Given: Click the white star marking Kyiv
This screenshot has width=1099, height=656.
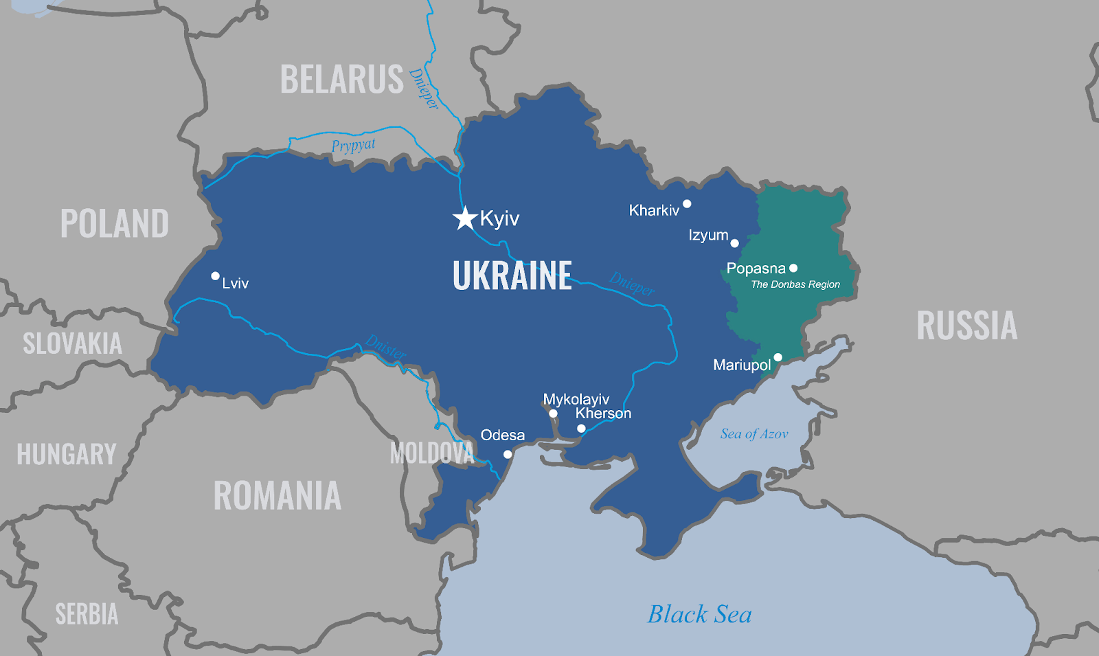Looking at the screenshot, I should pyautogui.click(x=465, y=218).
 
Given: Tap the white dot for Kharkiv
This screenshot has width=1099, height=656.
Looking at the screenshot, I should pyautogui.click(x=686, y=203).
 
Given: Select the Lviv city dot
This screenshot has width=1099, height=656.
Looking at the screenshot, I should pyautogui.click(x=215, y=275).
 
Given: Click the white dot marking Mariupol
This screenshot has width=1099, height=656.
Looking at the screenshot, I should pyautogui.click(x=778, y=357).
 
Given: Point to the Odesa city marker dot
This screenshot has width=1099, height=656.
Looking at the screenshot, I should pyautogui.click(x=507, y=454).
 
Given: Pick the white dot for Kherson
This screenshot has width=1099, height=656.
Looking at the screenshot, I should pyautogui.click(x=581, y=429).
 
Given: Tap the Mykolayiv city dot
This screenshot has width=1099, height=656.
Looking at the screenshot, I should pyautogui.click(x=553, y=414).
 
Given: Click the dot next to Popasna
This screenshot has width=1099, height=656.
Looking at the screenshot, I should pyautogui.click(x=793, y=268).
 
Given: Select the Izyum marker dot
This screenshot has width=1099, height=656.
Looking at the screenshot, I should pyautogui.click(x=734, y=243).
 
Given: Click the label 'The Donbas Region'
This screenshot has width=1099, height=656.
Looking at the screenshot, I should pyautogui.click(x=795, y=284).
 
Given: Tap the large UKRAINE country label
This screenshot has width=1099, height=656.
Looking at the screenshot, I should pyautogui.click(x=512, y=276).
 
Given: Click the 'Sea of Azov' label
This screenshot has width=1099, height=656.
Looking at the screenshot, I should pyautogui.click(x=754, y=433).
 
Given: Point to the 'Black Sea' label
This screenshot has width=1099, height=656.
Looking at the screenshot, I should pyautogui.click(x=699, y=614).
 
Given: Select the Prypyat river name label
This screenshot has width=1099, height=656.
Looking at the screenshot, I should pyautogui.click(x=353, y=146).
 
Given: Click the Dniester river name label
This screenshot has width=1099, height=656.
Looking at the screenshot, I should pyautogui.click(x=385, y=347).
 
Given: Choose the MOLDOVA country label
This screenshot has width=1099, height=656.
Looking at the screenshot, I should pyautogui.click(x=431, y=453).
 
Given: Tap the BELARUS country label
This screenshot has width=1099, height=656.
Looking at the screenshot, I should pyautogui.click(x=341, y=80).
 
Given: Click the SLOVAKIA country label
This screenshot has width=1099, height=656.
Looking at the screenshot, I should pyautogui.click(x=72, y=343).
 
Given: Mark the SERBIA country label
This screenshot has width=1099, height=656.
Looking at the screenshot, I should pyautogui.click(x=87, y=614).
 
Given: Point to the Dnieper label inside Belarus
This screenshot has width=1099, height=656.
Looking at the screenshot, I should pyautogui.click(x=423, y=89).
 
